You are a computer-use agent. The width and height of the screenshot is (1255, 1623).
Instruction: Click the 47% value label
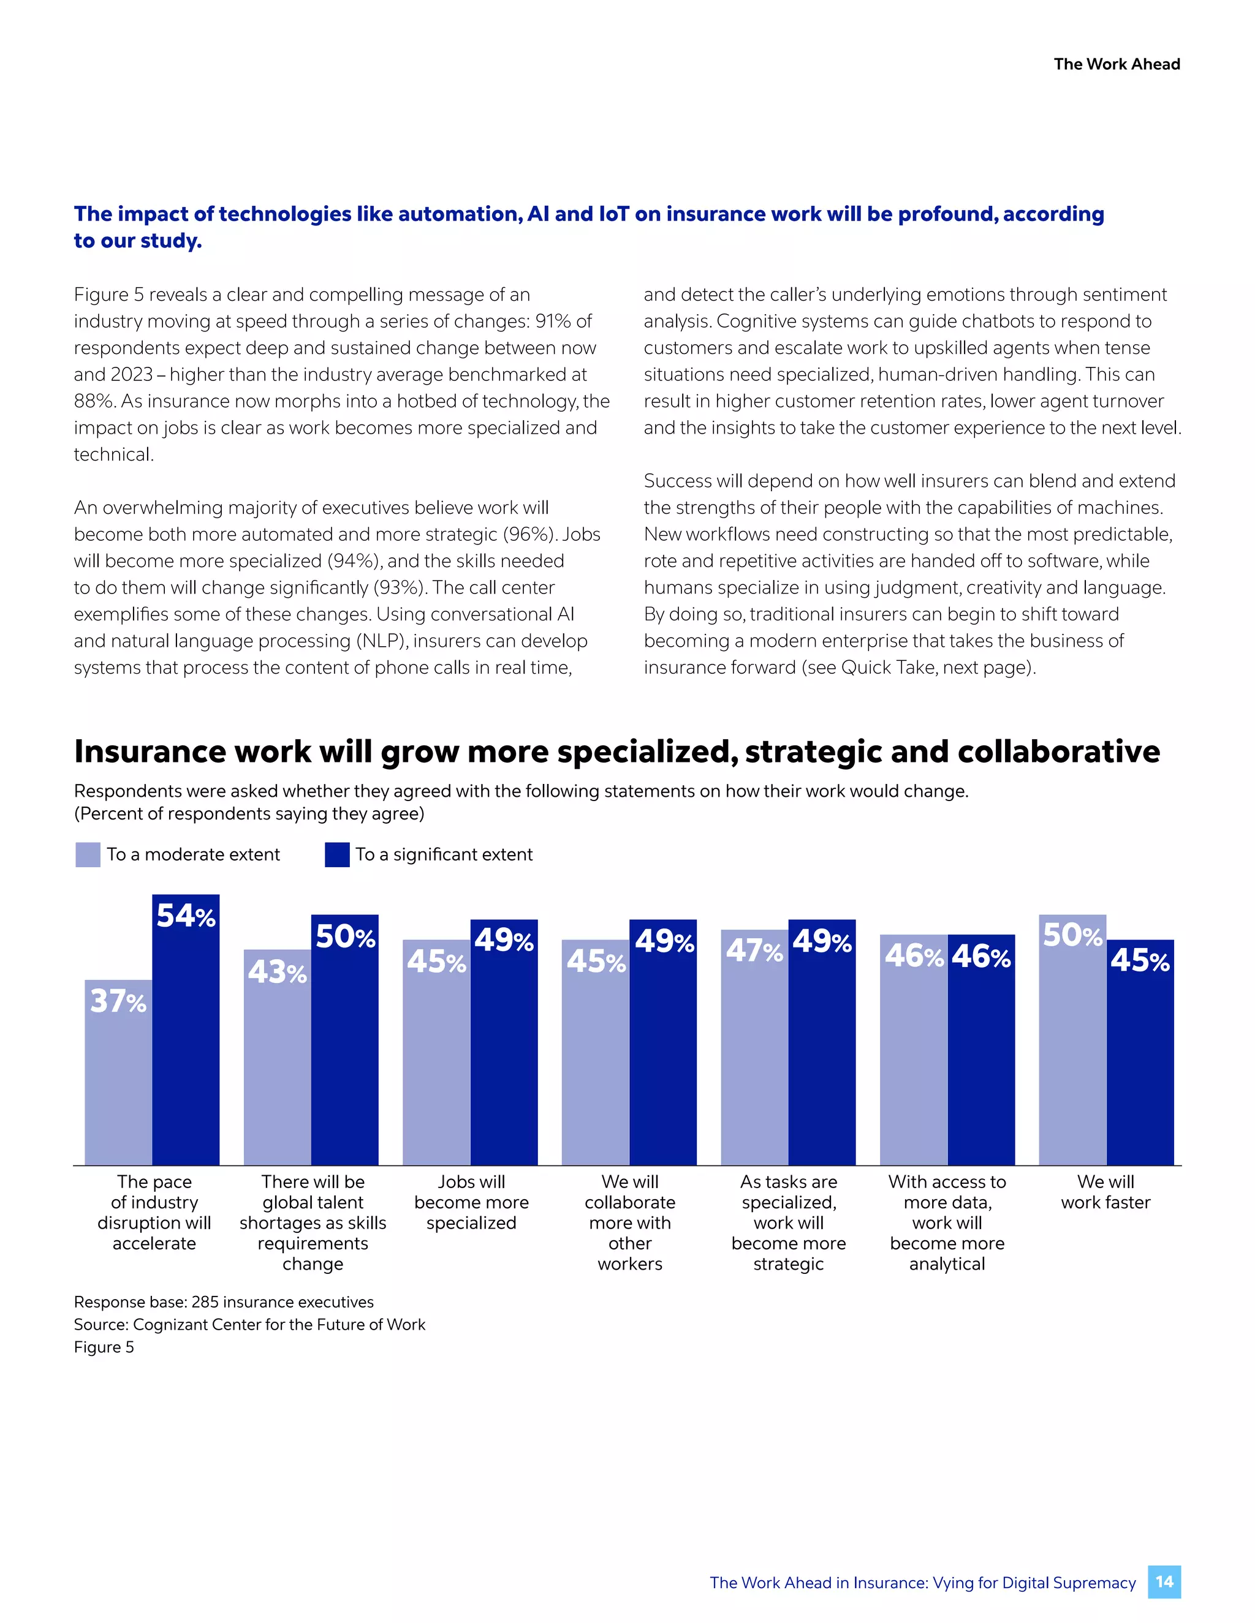point(754,951)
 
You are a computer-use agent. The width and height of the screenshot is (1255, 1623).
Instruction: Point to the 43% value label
point(276,972)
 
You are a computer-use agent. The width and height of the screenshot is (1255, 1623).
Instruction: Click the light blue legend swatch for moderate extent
point(88,854)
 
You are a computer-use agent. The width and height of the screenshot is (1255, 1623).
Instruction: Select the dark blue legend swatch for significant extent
point(337,854)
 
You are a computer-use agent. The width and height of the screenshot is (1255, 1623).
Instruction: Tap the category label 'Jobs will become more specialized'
point(471,1202)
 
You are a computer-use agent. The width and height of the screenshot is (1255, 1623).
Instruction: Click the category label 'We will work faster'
point(1105,1192)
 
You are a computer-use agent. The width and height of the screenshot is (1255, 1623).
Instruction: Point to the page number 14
point(1164,1582)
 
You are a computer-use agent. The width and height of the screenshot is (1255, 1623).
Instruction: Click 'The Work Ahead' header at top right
point(1116,64)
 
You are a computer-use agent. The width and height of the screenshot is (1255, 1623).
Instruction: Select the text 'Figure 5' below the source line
point(104,1347)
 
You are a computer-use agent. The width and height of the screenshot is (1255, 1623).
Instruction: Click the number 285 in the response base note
point(205,1302)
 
